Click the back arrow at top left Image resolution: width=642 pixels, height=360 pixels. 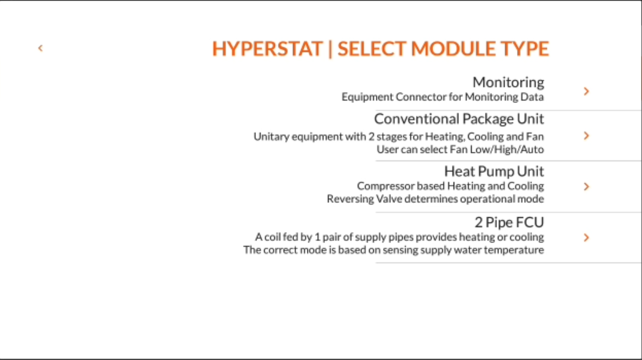[40, 48]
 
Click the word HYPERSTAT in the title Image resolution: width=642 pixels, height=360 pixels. [267, 49]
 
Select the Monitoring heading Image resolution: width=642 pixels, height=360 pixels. [508, 82]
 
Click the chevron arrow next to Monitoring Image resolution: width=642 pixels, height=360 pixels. [586, 91]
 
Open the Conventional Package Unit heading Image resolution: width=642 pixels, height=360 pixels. [459, 119]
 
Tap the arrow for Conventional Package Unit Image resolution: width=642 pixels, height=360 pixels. [586, 136]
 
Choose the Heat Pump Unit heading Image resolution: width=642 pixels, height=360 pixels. [494, 171]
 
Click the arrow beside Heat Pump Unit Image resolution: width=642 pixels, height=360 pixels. [586, 187]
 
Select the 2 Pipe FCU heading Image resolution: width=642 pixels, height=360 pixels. [509, 222]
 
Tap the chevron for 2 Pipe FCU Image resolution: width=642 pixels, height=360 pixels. [586, 238]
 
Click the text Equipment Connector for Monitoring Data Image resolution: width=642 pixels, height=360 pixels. [442, 97]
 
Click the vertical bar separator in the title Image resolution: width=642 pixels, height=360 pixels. [330, 49]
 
